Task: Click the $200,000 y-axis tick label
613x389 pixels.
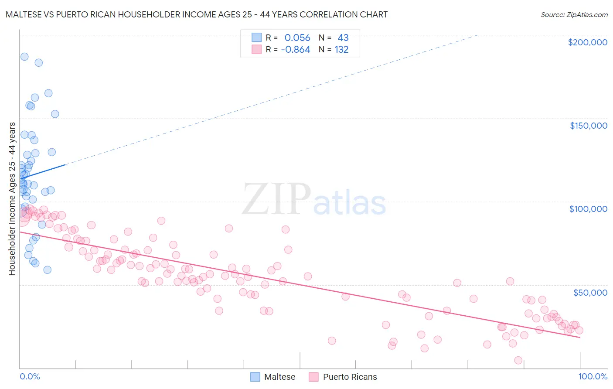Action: [587, 42]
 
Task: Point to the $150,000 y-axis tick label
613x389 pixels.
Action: [588, 126]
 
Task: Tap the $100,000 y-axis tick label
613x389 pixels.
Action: [588, 209]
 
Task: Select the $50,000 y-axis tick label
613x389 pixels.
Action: [590, 292]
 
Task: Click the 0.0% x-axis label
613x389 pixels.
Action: [30, 376]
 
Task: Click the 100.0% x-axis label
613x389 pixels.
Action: [593, 376]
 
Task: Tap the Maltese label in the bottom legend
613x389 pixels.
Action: [279, 377]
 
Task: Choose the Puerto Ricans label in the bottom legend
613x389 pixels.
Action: [350, 377]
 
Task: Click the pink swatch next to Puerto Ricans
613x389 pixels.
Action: [313, 377]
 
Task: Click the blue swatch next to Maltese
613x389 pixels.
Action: [255, 377]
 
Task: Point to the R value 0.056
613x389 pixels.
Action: [297, 38]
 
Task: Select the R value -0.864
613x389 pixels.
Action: [296, 50]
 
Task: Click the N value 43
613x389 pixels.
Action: [343, 38]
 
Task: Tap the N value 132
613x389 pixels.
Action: [341, 50]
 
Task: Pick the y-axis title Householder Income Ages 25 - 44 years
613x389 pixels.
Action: [12, 199]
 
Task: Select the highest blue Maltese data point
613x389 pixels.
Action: [24, 57]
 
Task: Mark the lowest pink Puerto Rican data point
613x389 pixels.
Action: [518, 360]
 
